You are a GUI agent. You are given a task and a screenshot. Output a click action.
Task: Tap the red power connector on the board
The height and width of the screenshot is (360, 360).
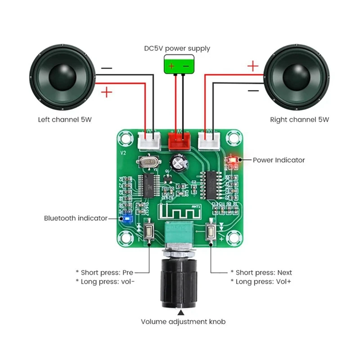point(179,140)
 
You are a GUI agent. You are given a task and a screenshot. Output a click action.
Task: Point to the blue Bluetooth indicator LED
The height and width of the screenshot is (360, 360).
point(126,219)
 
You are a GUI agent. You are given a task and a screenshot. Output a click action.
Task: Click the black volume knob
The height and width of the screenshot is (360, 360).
point(179,283)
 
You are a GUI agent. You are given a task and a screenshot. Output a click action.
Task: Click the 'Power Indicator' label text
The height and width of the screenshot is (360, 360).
point(279,160)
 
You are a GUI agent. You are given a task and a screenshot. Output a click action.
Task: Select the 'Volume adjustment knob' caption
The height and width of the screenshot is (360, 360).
point(183,322)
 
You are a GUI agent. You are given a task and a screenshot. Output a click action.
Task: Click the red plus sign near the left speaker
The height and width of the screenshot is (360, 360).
point(107,93)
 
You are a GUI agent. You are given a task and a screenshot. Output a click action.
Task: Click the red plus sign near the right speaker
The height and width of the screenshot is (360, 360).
point(253,67)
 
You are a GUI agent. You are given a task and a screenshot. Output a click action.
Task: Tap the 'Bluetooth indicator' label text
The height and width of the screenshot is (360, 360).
point(76,218)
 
